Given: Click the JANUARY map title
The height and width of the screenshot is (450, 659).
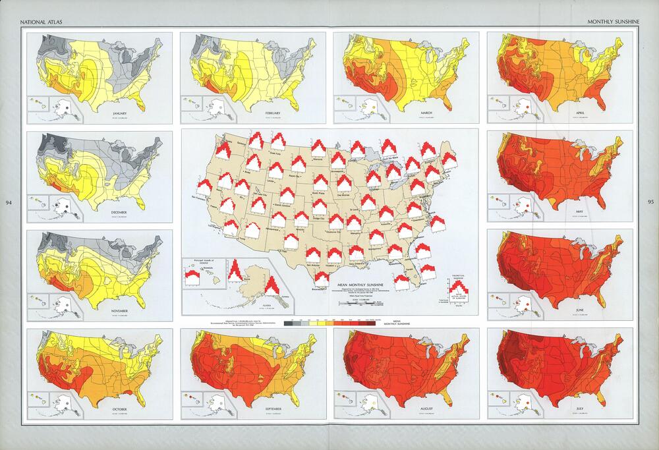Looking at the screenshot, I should tap(120, 113).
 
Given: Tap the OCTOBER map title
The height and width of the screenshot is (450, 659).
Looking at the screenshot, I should tap(120, 409).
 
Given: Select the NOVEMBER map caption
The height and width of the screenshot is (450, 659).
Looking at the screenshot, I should tap(120, 310).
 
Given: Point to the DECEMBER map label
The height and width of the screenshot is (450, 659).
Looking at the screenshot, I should tap(120, 211).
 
